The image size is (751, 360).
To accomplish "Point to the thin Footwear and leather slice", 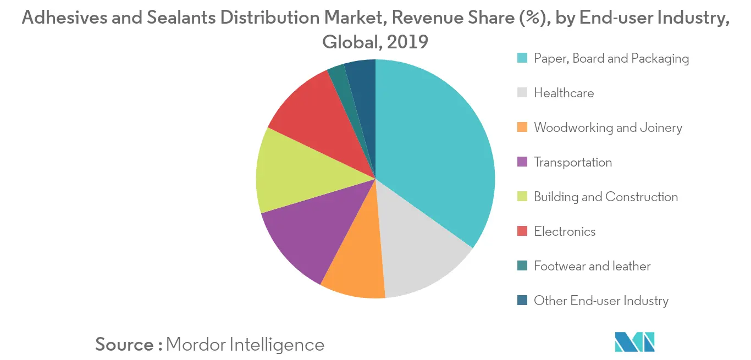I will point(340,80).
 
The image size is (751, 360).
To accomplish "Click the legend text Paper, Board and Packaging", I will point(611,58).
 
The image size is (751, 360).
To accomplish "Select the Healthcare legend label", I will point(564,93).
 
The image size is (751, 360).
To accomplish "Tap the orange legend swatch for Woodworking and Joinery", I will point(523,128).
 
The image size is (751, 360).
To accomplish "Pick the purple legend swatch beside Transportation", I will point(523,162).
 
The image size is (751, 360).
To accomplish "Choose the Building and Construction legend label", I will point(606,197).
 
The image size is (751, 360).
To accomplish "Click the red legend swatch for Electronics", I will point(523,231).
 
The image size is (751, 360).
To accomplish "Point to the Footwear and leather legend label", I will point(592,266).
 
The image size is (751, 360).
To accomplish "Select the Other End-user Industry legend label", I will point(601,301).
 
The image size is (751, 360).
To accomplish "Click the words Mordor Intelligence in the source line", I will point(245,345).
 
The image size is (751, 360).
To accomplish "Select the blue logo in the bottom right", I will point(635,342).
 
